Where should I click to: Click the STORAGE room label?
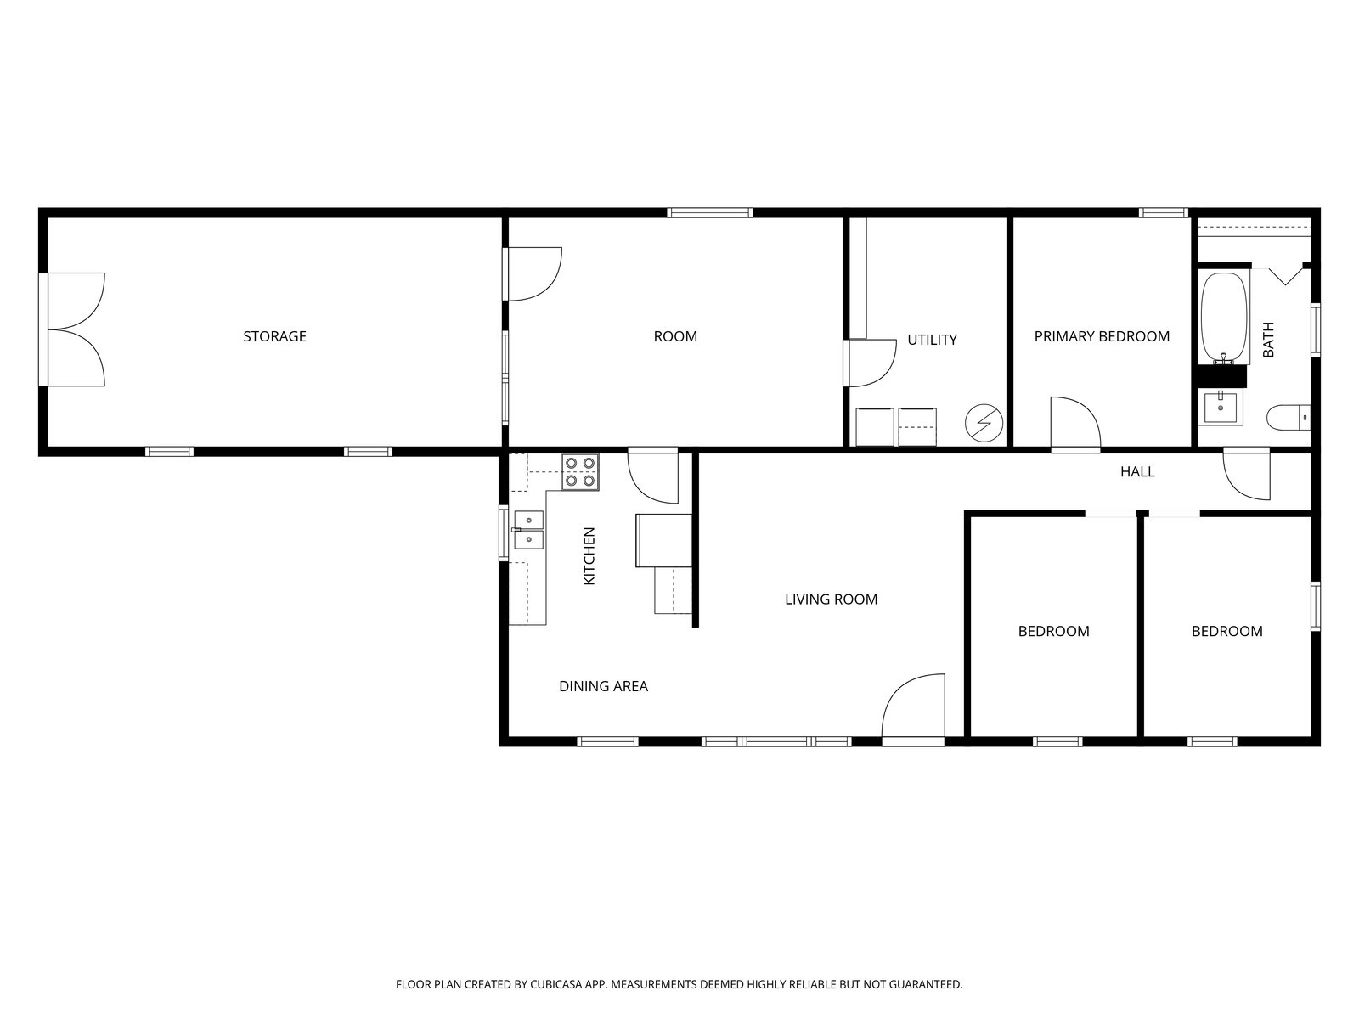[274, 336]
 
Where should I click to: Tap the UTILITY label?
[932, 340]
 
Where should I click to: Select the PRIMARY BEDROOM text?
[1102, 336]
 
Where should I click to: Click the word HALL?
[1136, 472]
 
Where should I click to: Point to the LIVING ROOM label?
[831, 600]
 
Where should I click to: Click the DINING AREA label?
[603, 686]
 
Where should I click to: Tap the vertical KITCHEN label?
[589, 556]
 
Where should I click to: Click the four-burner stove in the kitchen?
[580, 472]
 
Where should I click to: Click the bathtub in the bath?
[1223, 318]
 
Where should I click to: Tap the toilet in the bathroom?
[1289, 418]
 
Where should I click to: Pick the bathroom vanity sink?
[1221, 407]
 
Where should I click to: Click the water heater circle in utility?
[984, 422]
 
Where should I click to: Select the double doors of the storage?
[75, 329]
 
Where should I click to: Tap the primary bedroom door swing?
[1074, 423]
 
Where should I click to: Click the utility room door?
[871, 363]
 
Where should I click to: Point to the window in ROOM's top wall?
[709, 212]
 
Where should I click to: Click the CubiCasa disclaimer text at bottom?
[679, 985]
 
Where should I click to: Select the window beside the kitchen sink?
[504, 533]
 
